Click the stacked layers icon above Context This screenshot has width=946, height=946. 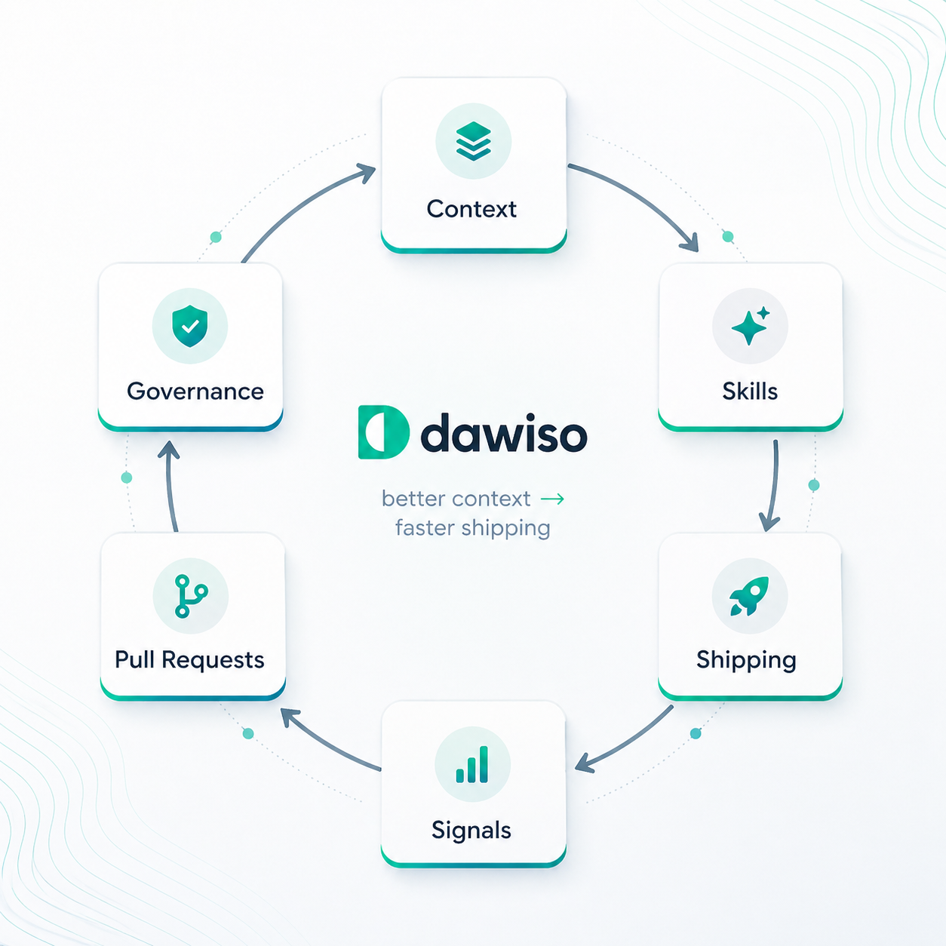point(473,141)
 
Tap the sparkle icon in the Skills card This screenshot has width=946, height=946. point(751,325)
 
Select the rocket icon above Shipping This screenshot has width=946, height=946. point(749,595)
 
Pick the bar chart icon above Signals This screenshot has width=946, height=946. point(472,764)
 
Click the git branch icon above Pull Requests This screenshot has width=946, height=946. point(191,595)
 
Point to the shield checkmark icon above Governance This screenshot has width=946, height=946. point(190,326)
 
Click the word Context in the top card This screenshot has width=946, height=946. point(471,209)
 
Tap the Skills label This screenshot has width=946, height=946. point(750,392)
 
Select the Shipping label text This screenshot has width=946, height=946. point(746,660)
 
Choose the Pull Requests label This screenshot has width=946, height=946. point(189,660)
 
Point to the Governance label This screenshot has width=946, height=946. point(195,392)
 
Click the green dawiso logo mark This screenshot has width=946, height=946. point(383,432)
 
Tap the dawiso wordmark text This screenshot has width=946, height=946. point(504,432)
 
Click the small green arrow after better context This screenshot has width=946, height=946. point(552,499)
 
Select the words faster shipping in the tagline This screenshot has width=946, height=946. point(473,529)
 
